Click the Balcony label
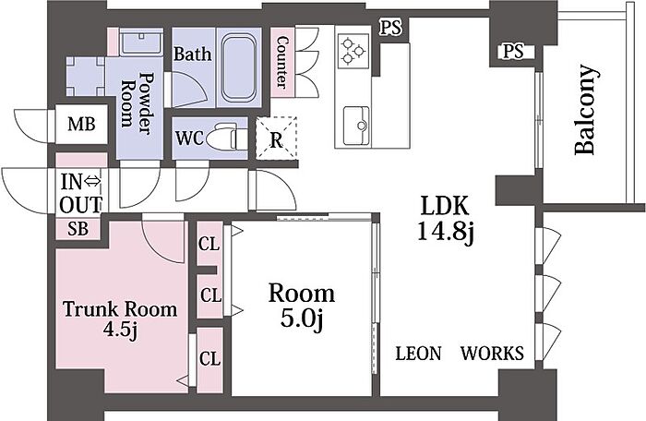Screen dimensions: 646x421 click(x=585, y=110)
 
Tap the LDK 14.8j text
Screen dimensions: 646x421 click(x=445, y=219)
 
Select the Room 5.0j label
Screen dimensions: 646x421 click(x=302, y=307)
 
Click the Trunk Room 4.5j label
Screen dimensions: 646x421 click(x=120, y=319)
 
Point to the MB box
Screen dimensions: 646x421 click(x=81, y=124)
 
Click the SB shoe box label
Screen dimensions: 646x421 click(x=78, y=229)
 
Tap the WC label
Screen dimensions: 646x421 click(x=189, y=138)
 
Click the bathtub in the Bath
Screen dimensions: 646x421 click(x=239, y=67)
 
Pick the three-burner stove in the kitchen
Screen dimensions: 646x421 click(x=353, y=51)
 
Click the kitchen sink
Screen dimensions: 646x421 click(x=356, y=126)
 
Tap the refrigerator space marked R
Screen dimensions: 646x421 click(x=276, y=138)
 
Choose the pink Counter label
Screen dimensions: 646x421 click(x=282, y=62)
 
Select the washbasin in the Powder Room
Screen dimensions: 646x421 click(x=142, y=42)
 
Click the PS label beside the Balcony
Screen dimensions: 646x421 click(x=513, y=51)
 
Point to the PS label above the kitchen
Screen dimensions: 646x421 click(x=390, y=28)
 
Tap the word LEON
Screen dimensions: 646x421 click(x=418, y=354)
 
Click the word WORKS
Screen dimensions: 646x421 click(x=492, y=354)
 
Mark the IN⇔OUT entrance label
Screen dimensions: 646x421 click(x=81, y=193)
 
